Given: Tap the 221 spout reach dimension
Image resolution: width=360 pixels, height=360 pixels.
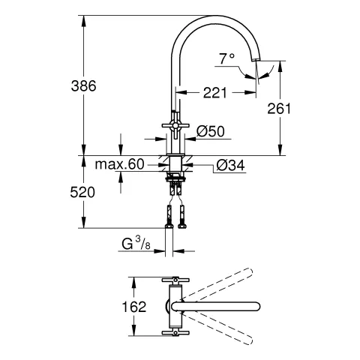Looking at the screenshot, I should [216, 94].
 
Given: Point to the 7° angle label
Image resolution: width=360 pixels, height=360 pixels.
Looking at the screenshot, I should [226, 58].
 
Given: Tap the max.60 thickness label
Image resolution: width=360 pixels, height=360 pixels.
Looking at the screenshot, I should [120, 164].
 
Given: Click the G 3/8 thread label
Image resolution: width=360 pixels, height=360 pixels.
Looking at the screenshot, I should [137, 243].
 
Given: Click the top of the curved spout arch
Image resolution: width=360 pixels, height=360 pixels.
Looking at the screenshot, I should [217, 16].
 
